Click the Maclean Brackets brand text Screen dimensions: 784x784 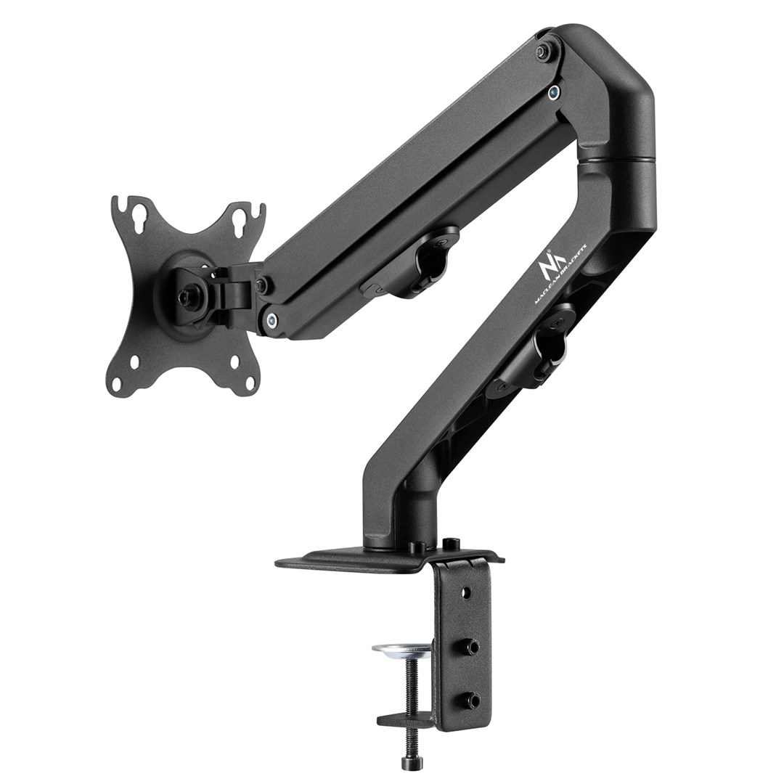tap(563, 278)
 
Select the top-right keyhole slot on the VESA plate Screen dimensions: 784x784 tap(241, 217)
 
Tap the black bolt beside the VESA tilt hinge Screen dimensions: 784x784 tap(262, 284)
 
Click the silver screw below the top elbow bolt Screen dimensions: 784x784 tap(554, 91)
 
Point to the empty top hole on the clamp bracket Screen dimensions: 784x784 tap(465, 593)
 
